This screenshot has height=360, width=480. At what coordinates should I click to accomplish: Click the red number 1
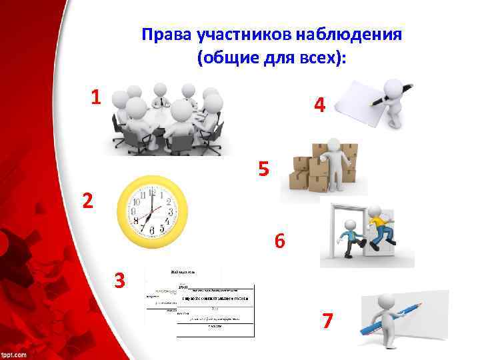click(x=96, y=98)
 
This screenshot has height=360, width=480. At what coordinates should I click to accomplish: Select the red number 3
click(x=120, y=281)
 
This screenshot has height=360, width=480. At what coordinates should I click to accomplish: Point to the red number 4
click(x=321, y=105)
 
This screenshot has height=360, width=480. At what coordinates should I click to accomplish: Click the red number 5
click(x=264, y=170)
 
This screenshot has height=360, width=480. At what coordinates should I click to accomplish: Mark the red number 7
click(x=327, y=321)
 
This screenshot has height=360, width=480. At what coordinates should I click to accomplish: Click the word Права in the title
click(x=163, y=34)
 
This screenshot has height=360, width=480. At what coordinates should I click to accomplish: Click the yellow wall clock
click(x=152, y=211)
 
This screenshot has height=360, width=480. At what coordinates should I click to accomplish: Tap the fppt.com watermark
click(x=14, y=353)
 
